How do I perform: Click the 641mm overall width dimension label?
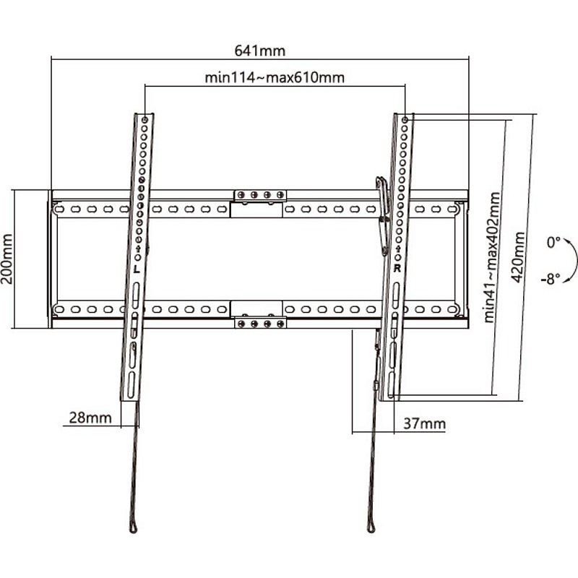tap(260, 51)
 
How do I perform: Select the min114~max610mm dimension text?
tap(275, 78)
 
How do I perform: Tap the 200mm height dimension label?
tap(7, 259)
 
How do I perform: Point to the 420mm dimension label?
tap(518, 257)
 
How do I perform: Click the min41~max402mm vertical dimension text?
tap(492, 258)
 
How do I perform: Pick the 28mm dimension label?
tap(90, 418)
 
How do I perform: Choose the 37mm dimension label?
tap(424, 423)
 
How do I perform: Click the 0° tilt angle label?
tap(553, 243)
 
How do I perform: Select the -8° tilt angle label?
tap(551, 279)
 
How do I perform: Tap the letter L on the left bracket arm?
tap(137, 269)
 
